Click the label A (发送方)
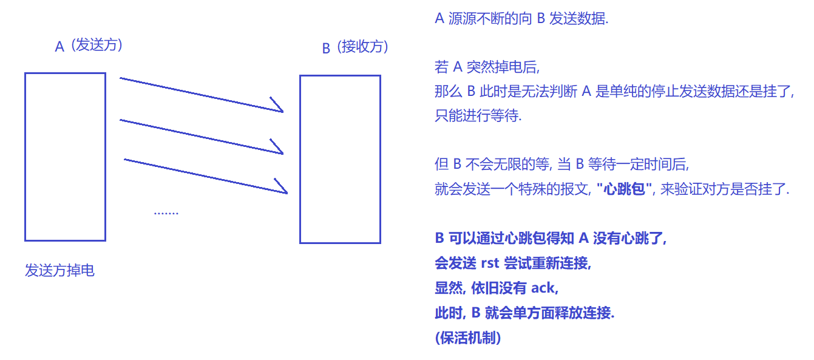[x=89, y=46]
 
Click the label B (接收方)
[x=355, y=47]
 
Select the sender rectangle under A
[x=65, y=157]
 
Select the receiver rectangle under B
[x=340, y=159]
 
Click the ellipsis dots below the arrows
[x=166, y=212]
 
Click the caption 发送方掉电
[x=59, y=271]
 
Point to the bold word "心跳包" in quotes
[x=625, y=189]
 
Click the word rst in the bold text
[x=489, y=263]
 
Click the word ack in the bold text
[x=543, y=288]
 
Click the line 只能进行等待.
[x=478, y=116]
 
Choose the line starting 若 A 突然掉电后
[x=487, y=67]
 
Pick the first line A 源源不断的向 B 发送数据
[x=521, y=19]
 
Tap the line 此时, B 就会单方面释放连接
[x=524, y=313]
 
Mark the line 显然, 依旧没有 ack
[x=496, y=288]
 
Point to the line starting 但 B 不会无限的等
[x=561, y=165]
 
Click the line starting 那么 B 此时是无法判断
[x=614, y=92]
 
